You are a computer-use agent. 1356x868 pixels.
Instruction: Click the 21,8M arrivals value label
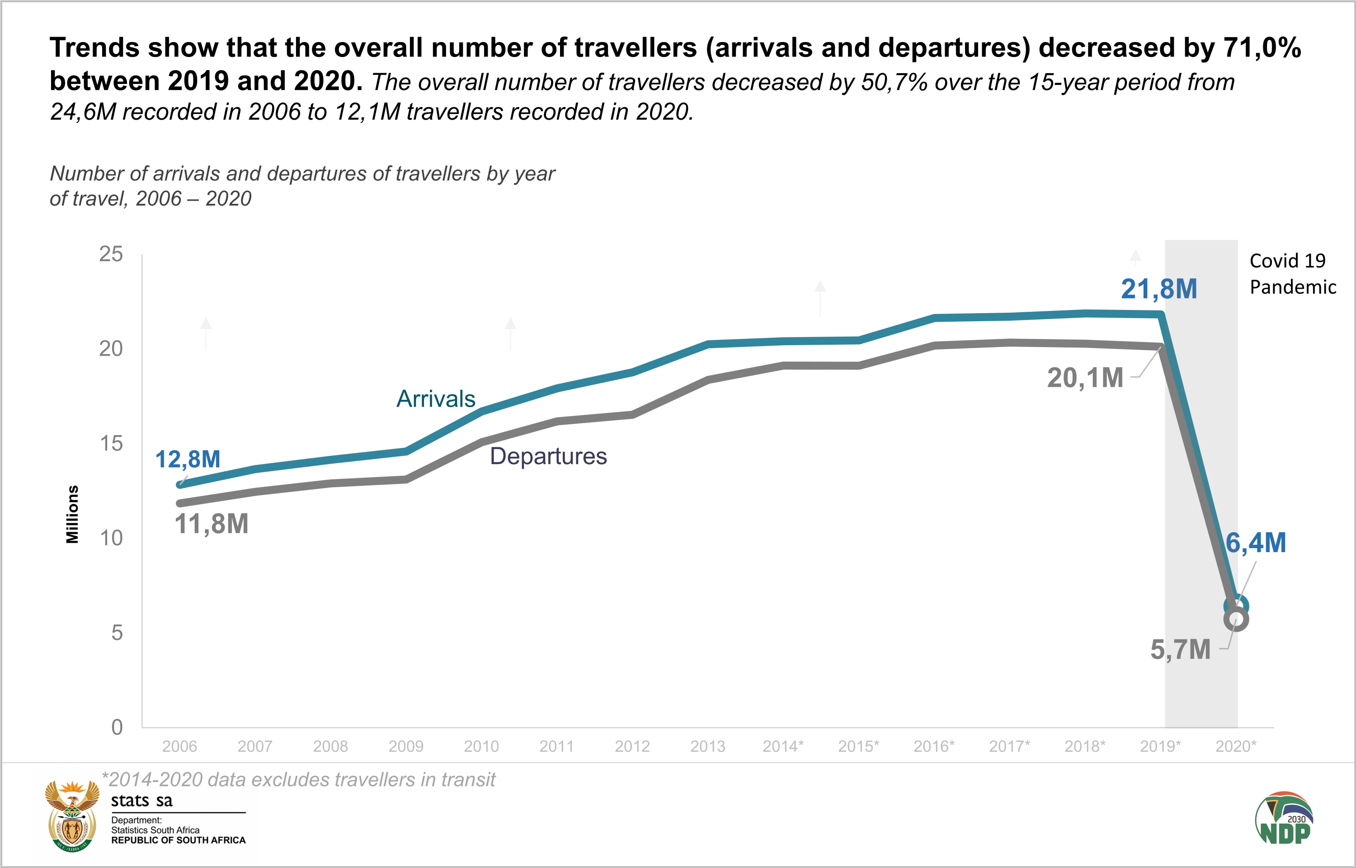click(1158, 289)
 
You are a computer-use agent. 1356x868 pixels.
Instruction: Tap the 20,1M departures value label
click(1085, 378)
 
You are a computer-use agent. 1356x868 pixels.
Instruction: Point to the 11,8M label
click(212, 524)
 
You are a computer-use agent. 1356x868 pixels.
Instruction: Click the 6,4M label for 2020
click(1256, 543)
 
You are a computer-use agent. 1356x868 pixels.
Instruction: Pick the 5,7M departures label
click(1180, 650)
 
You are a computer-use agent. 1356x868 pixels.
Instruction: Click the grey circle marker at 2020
click(1236, 619)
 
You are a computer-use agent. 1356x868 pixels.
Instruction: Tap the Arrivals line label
click(436, 399)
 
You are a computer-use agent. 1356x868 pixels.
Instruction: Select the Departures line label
click(548, 456)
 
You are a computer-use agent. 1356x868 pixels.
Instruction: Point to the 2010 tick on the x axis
click(481, 746)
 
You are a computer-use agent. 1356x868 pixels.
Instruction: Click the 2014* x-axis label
click(782, 746)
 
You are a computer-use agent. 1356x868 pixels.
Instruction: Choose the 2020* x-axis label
click(1235, 746)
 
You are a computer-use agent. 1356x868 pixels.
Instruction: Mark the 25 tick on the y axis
click(111, 254)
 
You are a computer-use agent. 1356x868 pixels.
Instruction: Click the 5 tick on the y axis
click(117, 633)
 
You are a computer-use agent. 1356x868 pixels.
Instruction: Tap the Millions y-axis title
click(72, 514)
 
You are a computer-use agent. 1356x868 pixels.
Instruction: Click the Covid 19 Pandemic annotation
click(1292, 274)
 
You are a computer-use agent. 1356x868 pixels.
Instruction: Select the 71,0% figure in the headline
click(1262, 47)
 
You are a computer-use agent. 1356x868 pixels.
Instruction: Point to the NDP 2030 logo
click(1284, 819)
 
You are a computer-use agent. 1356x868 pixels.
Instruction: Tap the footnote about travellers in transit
click(298, 779)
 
